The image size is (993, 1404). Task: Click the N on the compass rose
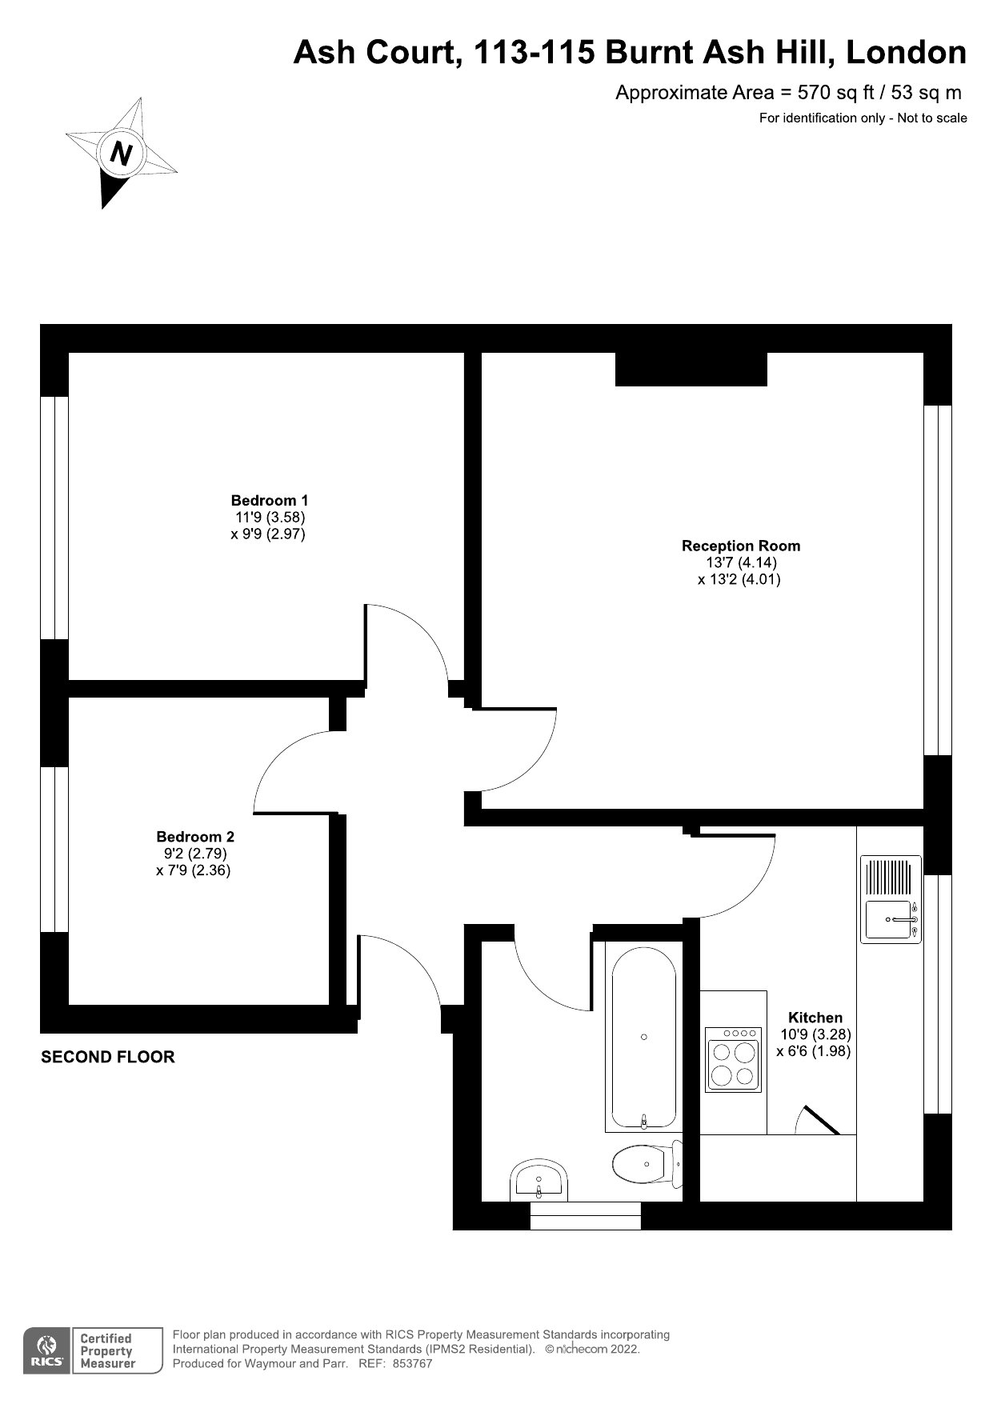coord(122,152)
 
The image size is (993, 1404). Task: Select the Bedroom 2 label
coord(195,837)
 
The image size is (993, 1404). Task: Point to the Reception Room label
coord(741,546)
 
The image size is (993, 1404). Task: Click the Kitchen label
coord(815,1018)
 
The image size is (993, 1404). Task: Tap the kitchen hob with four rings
coord(733,1060)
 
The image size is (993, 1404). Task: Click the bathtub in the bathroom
coord(644,1036)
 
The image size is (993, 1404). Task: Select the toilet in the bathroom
coord(647,1164)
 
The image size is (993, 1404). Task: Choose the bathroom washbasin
coord(539,1180)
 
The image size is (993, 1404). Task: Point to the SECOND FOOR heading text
coord(108,1057)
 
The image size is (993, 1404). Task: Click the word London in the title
coord(906,53)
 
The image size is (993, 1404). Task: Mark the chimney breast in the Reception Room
coord(691,369)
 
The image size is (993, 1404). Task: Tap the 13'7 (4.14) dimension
coord(741,562)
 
